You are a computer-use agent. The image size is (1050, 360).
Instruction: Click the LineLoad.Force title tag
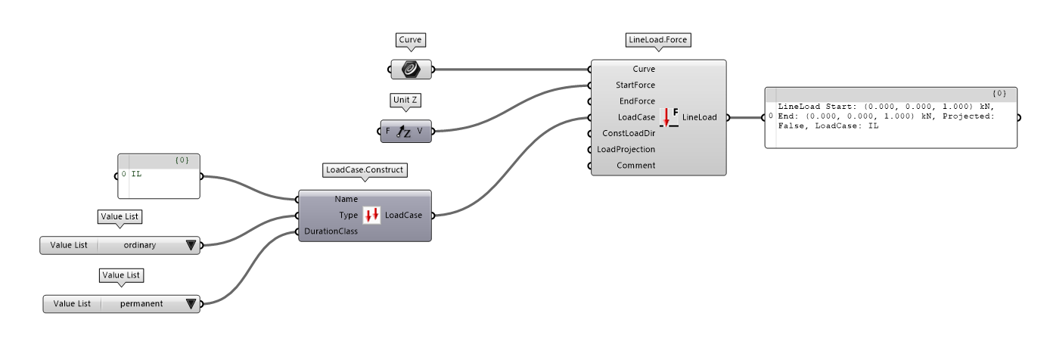coord(658,39)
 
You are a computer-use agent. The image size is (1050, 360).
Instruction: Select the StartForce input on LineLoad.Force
coord(635,85)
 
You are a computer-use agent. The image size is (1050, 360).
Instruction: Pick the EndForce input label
coord(637,101)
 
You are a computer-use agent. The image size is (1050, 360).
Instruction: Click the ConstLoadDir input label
coord(626,133)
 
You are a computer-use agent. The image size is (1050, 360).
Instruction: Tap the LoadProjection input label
coord(626,149)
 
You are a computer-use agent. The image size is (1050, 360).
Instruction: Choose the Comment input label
coord(636,165)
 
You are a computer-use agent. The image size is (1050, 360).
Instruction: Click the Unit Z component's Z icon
coord(404,132)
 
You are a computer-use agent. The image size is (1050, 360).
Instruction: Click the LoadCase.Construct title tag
coord(365,170)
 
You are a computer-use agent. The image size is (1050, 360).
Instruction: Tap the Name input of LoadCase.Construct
coord(346,200)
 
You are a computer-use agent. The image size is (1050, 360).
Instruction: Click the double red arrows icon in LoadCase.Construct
coord(371,216)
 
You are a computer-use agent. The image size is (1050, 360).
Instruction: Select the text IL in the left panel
coord(136,174)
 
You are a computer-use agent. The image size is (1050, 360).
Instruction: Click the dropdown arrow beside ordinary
coord(191,245)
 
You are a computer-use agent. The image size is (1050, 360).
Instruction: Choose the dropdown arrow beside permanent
coord(191,304)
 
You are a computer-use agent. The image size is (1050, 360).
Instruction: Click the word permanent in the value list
coord(141,304)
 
